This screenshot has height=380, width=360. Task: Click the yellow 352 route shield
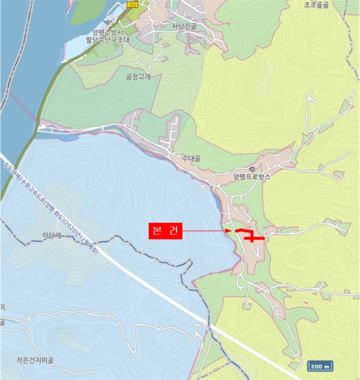click(x=132, y=4)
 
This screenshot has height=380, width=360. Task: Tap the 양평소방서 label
click(x=109, y=31)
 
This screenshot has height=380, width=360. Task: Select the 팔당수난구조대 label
click(x=109, y=39)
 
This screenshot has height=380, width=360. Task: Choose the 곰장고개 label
click(x=138, y=77)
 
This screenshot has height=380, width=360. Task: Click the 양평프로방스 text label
click(x=251, y=176)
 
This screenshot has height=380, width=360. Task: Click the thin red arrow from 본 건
click(x=206, y=231)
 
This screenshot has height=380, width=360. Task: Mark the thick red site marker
click(x=250, y=236)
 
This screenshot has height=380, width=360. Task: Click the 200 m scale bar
click(x=320, y=366)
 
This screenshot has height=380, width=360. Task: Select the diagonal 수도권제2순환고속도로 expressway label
click(x=33, y=187)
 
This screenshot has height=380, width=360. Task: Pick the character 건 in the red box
click(x=174, y=231)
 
